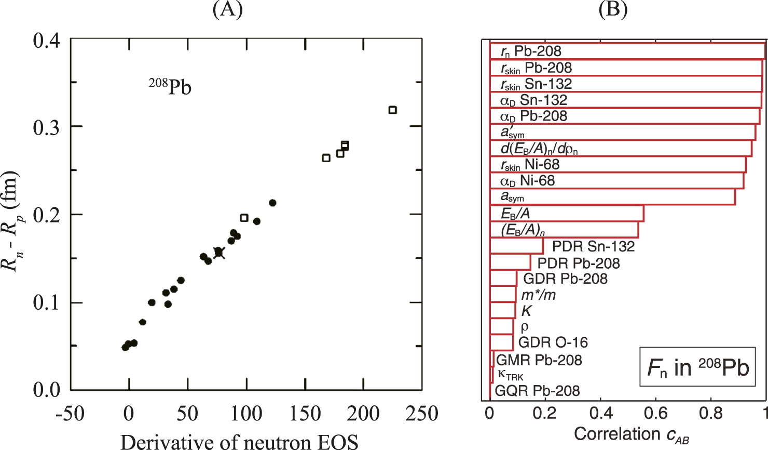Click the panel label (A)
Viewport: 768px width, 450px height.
[227, 10]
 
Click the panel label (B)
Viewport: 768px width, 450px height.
[613, 10]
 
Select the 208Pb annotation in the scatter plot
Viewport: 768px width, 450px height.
[170, 86]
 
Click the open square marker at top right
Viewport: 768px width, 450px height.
[393, 110]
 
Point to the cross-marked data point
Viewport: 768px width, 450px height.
[218, 253]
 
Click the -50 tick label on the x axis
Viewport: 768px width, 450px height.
[70, 414]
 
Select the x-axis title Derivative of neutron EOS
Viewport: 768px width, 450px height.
[239, 442]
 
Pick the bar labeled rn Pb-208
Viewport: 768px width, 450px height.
[627, 51]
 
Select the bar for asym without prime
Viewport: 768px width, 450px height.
[612, 197]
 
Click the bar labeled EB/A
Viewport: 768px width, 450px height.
[567, 214]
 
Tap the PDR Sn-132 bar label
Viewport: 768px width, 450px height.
[593, 246]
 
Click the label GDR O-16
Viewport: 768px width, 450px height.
[553, 342]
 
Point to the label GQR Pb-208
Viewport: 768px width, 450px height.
[537, 391]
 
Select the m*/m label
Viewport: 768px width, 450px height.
[538, 295]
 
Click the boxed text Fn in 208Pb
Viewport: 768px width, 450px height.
[697, 367]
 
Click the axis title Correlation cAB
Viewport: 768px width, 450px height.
[631, 435]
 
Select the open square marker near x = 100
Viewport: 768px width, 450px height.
[244, 218]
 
